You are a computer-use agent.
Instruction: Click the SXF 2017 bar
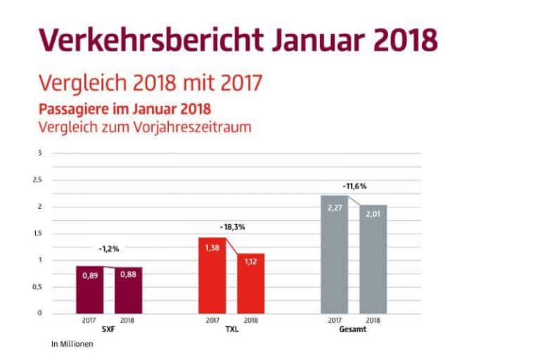click(90, 290)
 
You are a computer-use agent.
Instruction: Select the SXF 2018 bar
click(129, 290)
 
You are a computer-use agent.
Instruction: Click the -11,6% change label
click(354, 186)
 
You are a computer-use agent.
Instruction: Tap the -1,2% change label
click(109, 248)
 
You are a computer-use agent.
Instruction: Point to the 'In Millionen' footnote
click(72, 345)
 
